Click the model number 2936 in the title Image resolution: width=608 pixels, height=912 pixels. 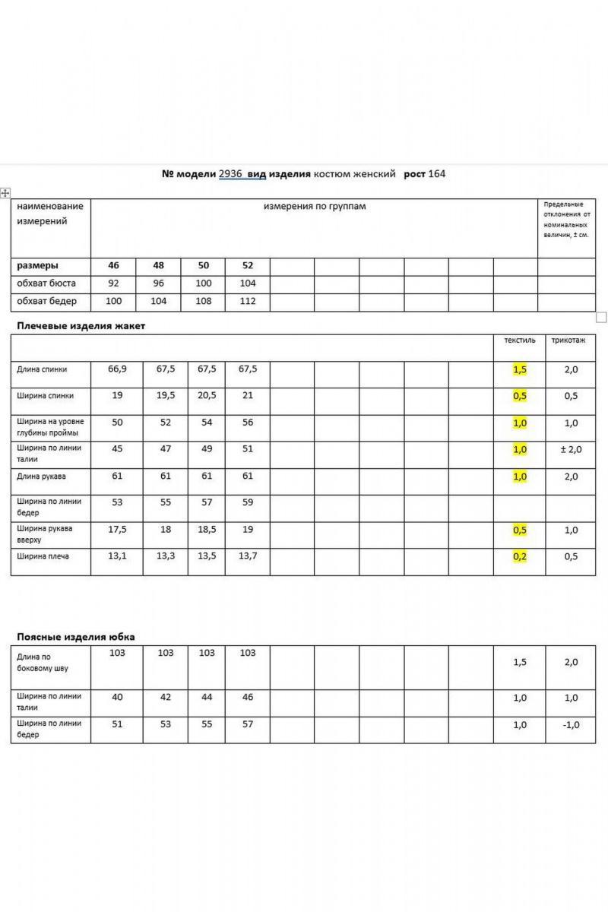point(230,174)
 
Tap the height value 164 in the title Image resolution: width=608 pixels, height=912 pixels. point(437,174)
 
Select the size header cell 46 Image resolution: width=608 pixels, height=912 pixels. point(113,266)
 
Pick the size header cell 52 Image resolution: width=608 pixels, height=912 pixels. point(248,266)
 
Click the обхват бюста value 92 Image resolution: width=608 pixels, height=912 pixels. point(113,283)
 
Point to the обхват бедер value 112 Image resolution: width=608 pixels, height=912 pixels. point(248,302)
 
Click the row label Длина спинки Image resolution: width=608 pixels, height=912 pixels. point(42,369)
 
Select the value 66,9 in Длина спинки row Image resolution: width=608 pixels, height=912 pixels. point(117,369)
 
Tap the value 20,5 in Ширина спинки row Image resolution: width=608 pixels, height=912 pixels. point(207,396)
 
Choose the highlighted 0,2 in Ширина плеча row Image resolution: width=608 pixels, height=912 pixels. point(520,556)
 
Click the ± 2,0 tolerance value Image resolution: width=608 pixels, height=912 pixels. point(571,450)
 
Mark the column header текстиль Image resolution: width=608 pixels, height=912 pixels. point(520,340)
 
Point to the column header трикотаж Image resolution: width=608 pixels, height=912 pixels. point(568,340)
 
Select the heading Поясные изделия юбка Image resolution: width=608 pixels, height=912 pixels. point(76,637)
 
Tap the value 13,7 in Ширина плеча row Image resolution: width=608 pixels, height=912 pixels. point(248,556)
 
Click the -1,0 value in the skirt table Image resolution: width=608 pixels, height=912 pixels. point(571,725)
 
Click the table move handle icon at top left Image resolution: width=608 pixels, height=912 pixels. point(5,193)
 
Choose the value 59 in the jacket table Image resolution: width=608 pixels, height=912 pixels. point(248,503)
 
